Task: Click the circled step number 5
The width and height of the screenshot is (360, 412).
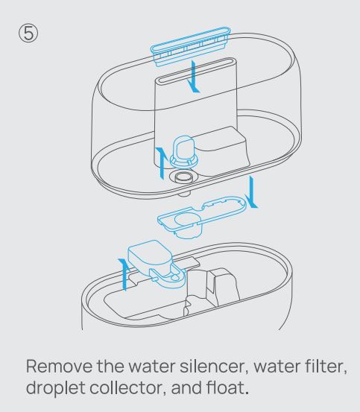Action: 28,34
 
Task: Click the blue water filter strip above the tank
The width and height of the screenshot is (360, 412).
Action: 191,47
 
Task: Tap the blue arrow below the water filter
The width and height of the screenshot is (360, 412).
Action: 195,77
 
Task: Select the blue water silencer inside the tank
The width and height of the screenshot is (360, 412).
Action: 183,151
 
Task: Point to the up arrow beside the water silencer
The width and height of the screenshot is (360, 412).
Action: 162,163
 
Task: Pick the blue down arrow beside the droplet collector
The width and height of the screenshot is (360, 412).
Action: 251,192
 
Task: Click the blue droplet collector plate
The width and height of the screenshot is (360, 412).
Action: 202,216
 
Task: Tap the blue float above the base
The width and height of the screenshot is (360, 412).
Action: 157,264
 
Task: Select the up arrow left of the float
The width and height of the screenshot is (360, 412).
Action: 124,274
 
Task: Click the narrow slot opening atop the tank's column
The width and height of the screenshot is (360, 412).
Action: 197,71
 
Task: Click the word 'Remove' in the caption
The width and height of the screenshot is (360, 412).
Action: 59,366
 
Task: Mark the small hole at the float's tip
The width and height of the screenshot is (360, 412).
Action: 174,277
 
